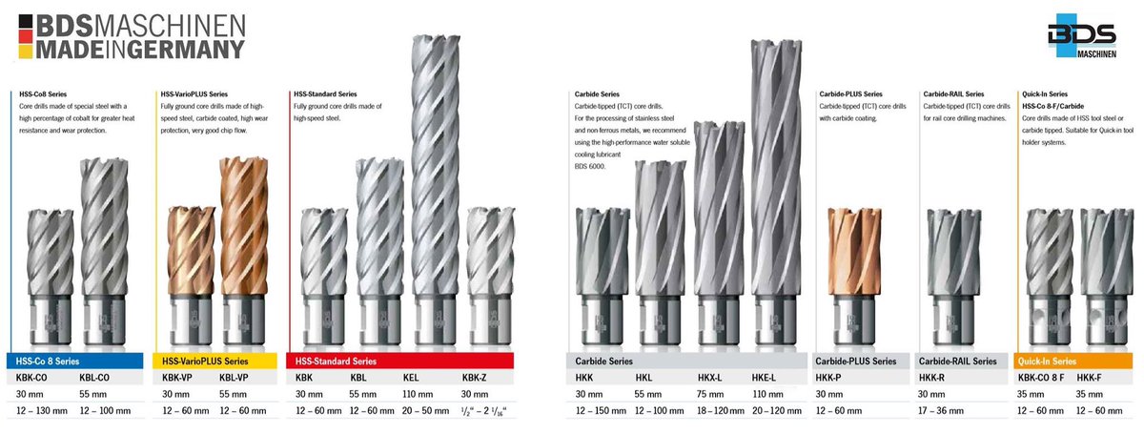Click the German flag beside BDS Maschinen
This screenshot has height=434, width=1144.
[x=26, y=36]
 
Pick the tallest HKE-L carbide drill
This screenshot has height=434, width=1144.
[x=776, y=193]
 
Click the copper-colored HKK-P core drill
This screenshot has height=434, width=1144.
[x=854, y=276]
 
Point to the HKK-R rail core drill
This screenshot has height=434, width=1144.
[x=953, y=276]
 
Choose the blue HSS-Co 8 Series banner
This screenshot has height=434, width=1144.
[x=74, y=361]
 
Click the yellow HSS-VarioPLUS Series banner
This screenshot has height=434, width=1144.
[x=215, y=361]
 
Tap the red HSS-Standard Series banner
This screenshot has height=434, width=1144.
[x=399, y=361]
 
